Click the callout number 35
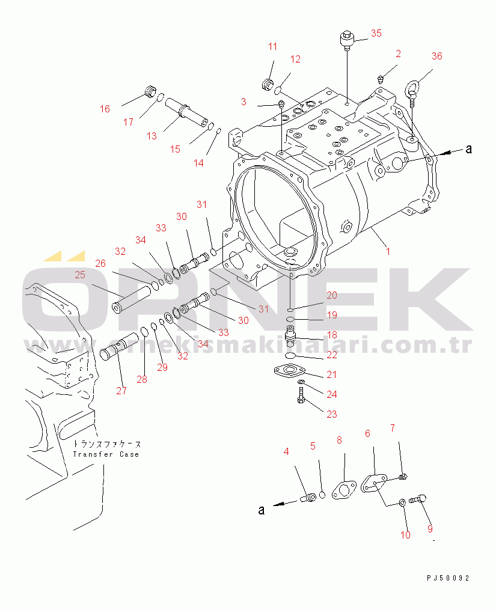tap(376, 33)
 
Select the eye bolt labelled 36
tap(412, 92)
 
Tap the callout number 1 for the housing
tap(388, 251)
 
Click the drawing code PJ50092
tap(448, 578)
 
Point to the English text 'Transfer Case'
tap(106, 454)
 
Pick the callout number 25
tap(80, 275)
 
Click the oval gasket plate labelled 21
tap(289, 371)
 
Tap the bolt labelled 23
tap(301, 395)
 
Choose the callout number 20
tap(332, 295)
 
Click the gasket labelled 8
tap(344, 490)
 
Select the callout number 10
tap(406, 535)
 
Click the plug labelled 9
tap(418, 498)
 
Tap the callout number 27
tap(121, 391)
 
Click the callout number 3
tap(243, 102)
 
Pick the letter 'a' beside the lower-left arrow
tap(262, 510)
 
